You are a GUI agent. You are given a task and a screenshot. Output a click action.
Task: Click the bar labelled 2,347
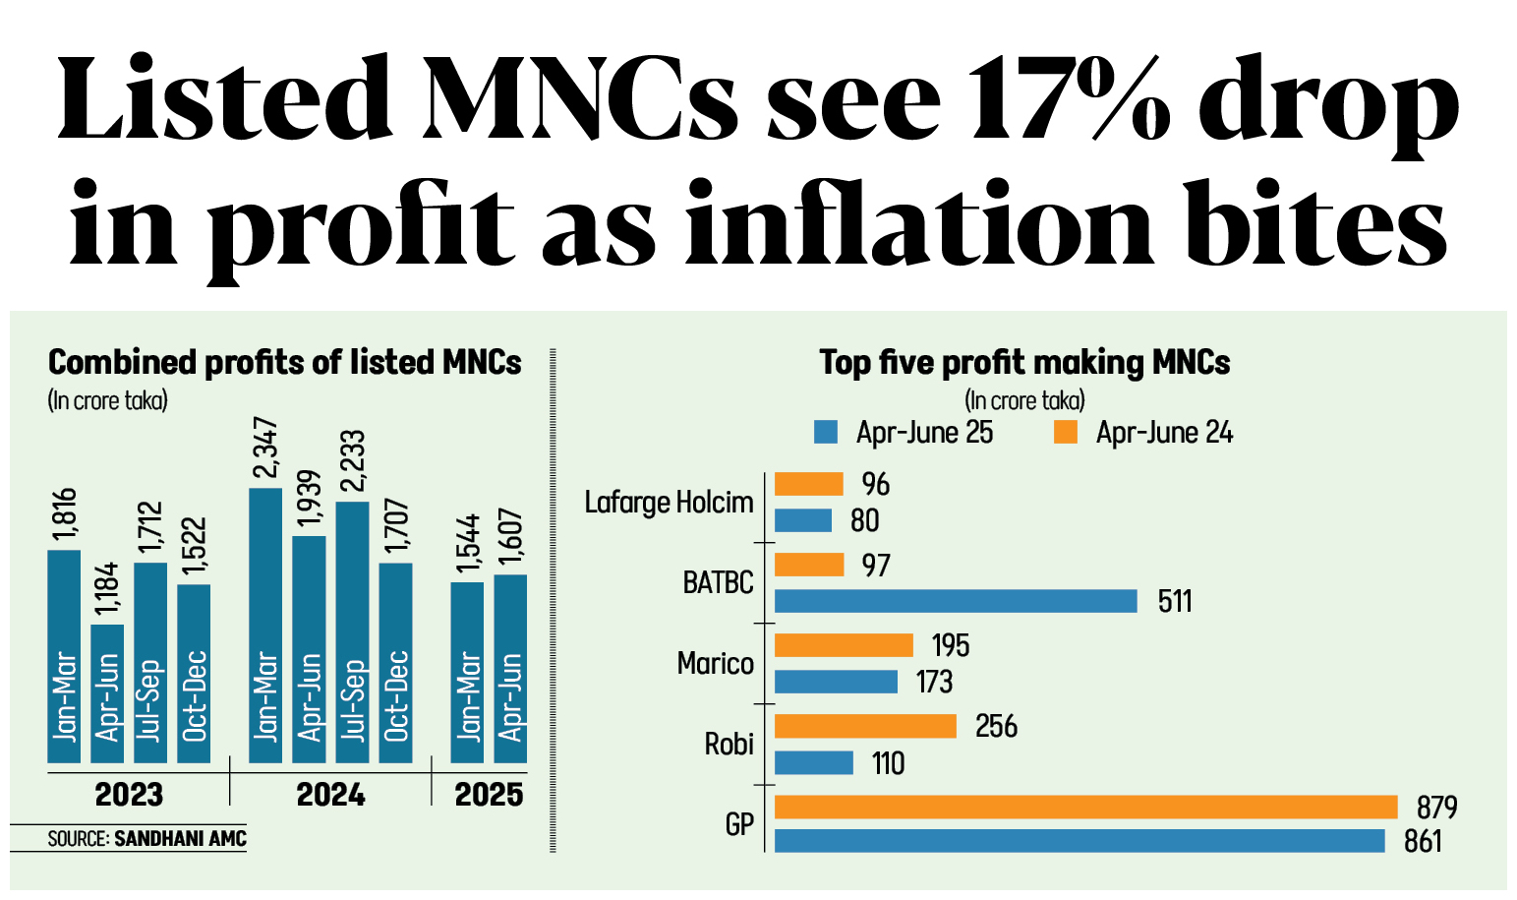tap(265, 625)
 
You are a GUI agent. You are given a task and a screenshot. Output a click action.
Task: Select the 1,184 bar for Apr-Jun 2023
tap(107, 693)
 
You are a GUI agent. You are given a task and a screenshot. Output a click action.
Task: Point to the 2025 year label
tap(489, 795)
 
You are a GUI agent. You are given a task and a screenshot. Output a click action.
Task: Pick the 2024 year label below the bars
tap(330, 795)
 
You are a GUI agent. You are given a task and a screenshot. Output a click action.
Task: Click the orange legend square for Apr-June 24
tap(1066, 432)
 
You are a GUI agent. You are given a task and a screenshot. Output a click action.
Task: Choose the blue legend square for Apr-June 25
tap(826, 432)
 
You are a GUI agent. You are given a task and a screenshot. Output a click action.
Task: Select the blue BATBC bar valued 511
tap(956, 601)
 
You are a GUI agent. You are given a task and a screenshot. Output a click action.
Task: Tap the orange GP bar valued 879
tap(1085, 808)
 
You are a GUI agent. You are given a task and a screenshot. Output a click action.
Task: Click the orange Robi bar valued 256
tap(865, 726)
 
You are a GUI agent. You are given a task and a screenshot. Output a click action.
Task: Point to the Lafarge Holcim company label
tap(669, 503)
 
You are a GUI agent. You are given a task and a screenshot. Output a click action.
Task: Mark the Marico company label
tap(715, 664)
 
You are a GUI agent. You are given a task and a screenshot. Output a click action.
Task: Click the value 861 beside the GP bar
tap(1423, 842)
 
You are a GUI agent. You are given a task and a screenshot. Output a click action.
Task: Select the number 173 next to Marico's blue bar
tap(934, 682)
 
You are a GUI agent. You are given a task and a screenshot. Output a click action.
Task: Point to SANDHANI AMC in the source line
tap(180, 839)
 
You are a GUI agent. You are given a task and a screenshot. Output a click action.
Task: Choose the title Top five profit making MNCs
tap(1024, 363)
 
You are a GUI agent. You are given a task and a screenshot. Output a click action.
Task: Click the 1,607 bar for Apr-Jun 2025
tap(510, 669)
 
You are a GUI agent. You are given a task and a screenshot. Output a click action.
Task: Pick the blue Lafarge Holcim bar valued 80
tap(803, 520)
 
